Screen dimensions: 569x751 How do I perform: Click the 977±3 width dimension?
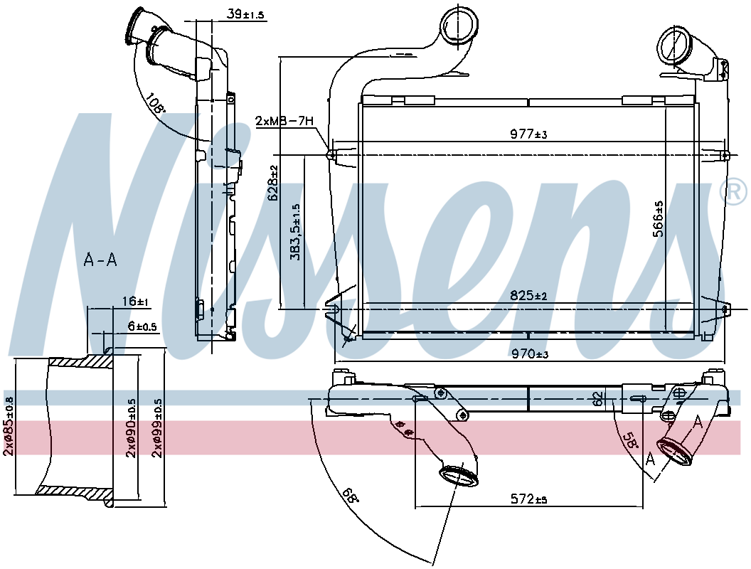(527, 133)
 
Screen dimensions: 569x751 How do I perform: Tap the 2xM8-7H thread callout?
(284, 122)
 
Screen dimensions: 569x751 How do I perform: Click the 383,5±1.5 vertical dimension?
(296, 233)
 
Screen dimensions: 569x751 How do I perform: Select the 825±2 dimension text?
(527, 296)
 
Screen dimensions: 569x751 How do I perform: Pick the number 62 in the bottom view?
(599, 399)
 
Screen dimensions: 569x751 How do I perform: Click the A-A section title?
(100, 260)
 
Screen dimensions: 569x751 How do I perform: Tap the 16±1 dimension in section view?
(134, 302)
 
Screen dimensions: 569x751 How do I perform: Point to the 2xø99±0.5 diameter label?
(158, 427)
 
